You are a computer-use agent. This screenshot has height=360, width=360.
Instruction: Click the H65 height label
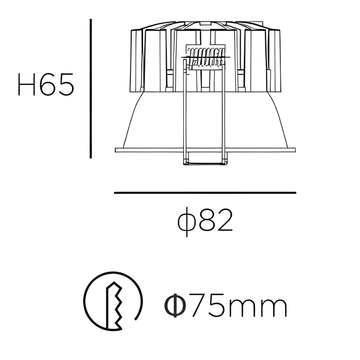point(46,84)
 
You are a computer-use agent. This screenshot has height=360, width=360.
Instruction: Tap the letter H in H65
point(26,84)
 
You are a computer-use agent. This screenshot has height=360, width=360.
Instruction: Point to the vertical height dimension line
point(91,89)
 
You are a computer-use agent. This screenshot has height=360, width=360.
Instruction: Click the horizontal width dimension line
point(205,193)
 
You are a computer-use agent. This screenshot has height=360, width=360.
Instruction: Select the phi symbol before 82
point(187,222)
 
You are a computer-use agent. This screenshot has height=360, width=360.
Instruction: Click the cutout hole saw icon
point(113,301)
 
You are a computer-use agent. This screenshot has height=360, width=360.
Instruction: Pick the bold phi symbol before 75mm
point(175,305)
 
